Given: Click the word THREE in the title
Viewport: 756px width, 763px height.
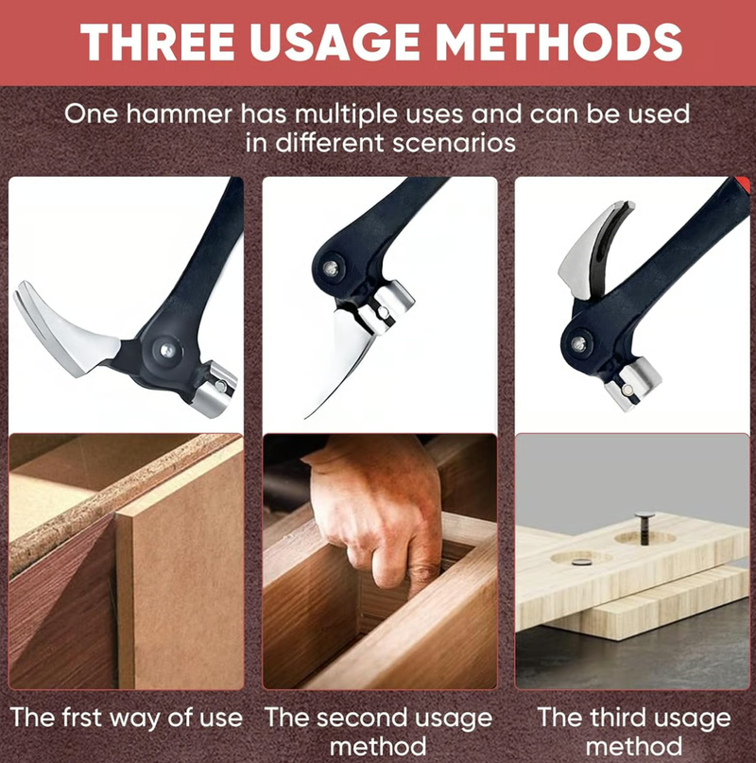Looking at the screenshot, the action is click(x=157, y=42).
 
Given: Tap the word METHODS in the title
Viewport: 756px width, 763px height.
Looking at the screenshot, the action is click(x=558, y=42).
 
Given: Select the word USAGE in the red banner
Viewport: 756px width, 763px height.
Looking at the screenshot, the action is click(x=335, y=42).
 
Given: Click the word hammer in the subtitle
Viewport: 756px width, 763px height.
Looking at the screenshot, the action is click(x=179, y=113).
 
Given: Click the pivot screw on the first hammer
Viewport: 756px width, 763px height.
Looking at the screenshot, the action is click(x=167, y=350).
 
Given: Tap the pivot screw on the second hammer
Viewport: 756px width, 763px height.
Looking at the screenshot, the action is click(x=331, y=269).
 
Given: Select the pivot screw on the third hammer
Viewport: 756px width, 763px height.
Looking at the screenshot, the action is click(x=579, y=344).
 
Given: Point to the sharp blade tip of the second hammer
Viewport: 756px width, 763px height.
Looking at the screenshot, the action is click(x=306, y=417).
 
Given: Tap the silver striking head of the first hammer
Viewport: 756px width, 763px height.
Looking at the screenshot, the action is click(x=215, y=389).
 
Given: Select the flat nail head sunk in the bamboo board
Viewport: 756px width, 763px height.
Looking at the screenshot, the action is click(x=580, y=562).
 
